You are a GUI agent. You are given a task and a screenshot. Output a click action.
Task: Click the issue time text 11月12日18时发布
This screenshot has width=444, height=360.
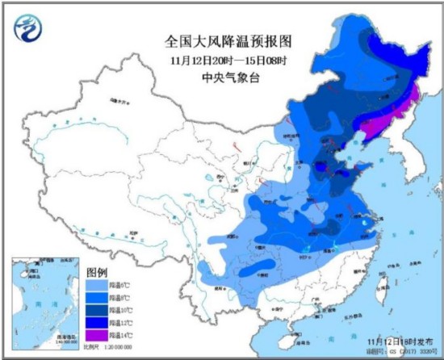click(x=396, y=342)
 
